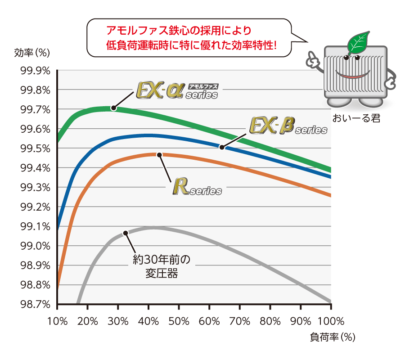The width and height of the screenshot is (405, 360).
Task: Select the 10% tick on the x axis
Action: [x=57, y=322]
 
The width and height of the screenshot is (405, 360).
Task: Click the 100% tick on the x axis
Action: [x=331, y=322]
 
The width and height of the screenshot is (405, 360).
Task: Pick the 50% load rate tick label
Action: [x=179, y=322]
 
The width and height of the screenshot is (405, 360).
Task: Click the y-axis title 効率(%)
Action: [x=31, y=52]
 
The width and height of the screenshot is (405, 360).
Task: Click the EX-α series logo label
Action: [x=177, y=90]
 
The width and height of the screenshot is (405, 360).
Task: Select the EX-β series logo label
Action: [x=288, y=126]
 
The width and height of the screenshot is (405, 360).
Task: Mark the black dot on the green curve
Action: [x=114, y=108]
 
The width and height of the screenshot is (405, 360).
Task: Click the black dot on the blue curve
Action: [x=221, y=147]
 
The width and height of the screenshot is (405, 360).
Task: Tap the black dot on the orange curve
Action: [x=159, y=155]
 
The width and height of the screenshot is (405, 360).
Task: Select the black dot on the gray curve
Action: [x=126, y=233]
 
